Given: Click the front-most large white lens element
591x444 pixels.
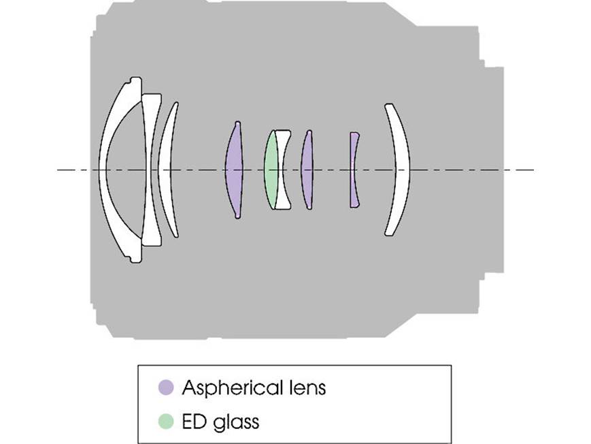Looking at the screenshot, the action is pos(103,170).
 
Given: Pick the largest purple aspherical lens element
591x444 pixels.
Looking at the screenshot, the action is pos(234,170).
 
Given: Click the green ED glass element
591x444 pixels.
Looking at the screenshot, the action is pos(271,170).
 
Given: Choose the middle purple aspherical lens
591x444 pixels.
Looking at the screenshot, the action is pos(307,170).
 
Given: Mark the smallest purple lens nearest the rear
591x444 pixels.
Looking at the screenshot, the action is pos(353,170).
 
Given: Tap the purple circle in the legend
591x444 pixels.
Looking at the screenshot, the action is pos(166,387).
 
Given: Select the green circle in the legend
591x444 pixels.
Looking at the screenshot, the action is pos(166,422).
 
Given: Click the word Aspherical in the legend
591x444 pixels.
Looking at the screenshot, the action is pos(233,387).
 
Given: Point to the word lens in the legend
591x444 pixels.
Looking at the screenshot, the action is pos(307,387).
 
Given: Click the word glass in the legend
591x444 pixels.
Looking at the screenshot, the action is pos(236,422).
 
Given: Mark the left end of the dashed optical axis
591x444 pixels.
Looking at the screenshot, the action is pos(57,170).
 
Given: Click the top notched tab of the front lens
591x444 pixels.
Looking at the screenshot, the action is pos(135,81).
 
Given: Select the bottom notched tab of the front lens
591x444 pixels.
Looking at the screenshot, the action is pos(135,259).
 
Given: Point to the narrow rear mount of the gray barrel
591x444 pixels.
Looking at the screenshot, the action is pos(494,170).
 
